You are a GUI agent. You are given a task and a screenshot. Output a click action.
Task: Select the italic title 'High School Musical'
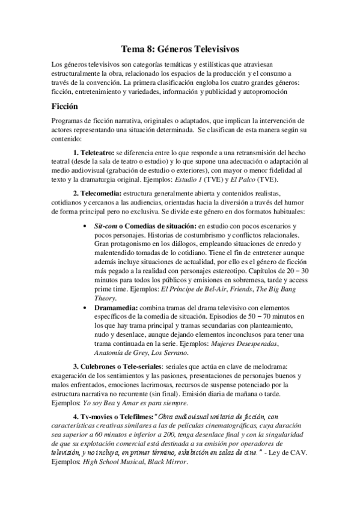tap(120, 462)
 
